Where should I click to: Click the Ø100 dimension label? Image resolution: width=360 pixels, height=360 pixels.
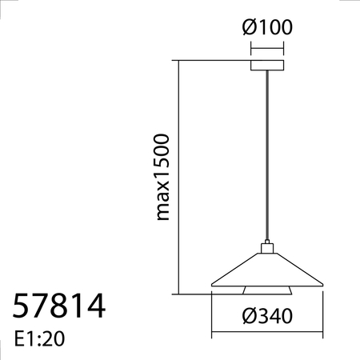tap(266, 28)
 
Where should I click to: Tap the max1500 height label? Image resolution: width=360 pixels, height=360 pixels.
tap(165, 176)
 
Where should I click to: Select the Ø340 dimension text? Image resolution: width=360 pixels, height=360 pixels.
tap(266, 317)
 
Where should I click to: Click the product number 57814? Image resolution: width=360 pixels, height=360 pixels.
tap(59, 307)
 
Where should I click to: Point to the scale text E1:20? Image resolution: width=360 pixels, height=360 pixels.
tap(40, 339)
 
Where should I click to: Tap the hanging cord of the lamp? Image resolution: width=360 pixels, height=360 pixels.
tap(266, 160)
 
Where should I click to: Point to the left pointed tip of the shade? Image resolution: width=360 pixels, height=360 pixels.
tap(212, 282)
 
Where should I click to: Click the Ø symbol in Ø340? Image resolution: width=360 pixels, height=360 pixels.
tap(248, 317)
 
